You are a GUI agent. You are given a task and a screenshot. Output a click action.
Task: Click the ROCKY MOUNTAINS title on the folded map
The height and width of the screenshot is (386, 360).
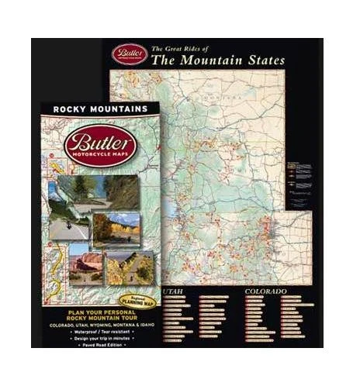(99, 109)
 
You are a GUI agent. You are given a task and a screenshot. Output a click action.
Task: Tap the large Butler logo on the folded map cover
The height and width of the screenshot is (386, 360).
(100, 145)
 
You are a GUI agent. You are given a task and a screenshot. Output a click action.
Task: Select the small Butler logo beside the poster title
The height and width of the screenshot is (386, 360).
(129, 53)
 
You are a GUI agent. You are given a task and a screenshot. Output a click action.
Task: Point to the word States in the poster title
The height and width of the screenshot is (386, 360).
(263, 60)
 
